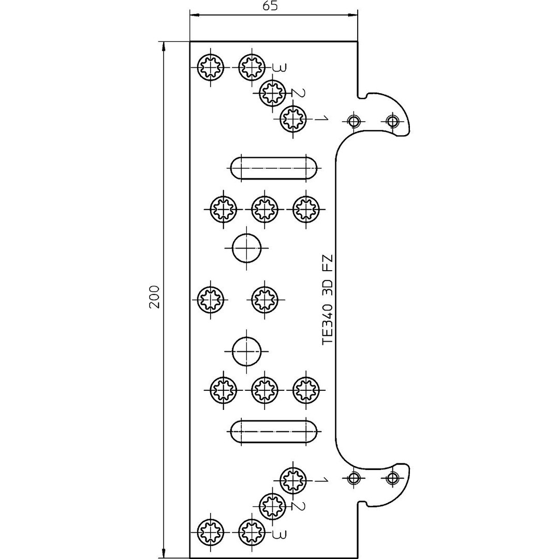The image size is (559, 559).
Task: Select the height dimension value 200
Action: tap(154, 296)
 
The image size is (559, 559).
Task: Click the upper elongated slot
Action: tap(274, 168)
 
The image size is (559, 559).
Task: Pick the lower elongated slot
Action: tap(274, 432)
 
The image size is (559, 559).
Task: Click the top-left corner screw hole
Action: tap(211, 67)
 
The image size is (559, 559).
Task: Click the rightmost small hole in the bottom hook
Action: tap(393, 477)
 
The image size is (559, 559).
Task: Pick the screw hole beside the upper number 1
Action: tap(293, 119)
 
